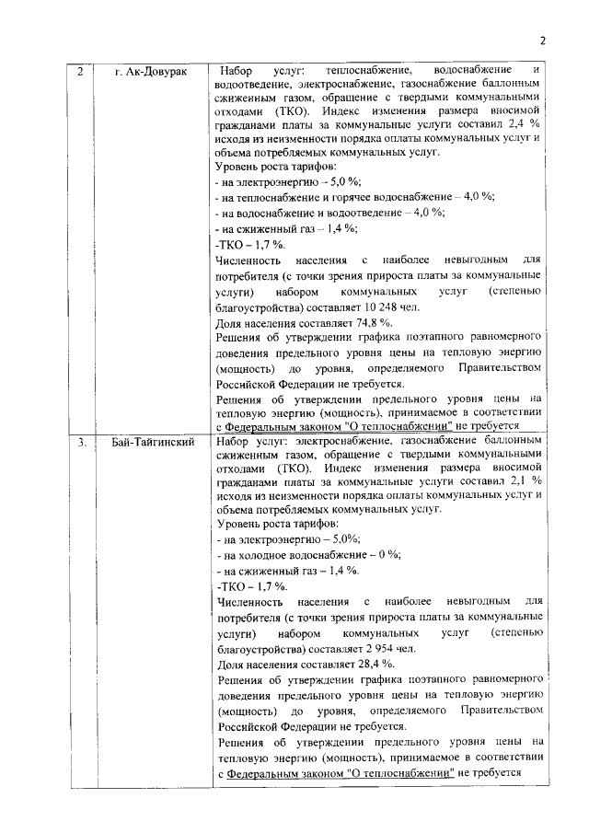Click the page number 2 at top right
(x=543, y=40)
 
